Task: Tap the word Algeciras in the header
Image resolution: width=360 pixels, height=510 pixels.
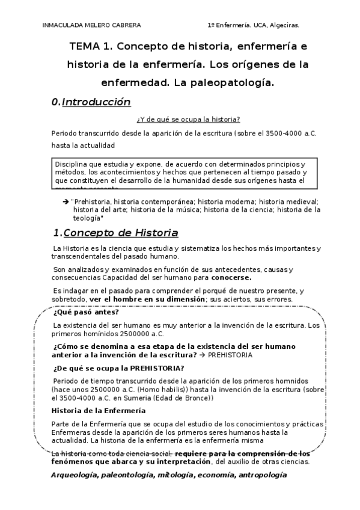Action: click(282, 25)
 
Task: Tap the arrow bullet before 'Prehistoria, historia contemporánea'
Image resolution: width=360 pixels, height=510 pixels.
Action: click(66, 201)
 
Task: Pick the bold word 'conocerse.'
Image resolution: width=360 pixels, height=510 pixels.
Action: click(231, 278)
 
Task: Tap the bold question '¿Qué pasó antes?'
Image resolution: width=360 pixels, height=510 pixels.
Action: click(86, 313)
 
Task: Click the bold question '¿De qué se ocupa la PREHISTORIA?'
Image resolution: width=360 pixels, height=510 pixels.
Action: click(119, 368)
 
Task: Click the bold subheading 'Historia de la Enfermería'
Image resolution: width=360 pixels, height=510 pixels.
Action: click(98, 411)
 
